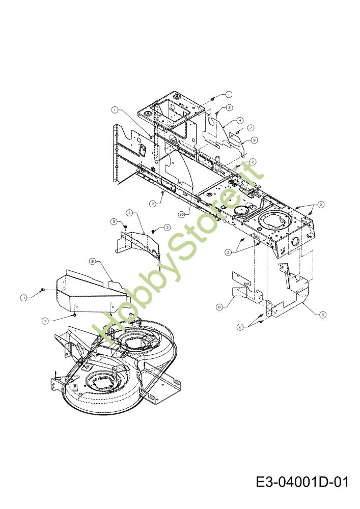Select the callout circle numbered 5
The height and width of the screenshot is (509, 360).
(323, 315)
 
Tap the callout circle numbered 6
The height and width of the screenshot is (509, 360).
(219, 307)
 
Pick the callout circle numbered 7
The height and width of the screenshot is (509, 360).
(129, 212)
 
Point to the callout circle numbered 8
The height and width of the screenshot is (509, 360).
(92, 261)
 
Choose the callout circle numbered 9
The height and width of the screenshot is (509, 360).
(254, 139)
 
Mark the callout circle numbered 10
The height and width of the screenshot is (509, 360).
(182, 215)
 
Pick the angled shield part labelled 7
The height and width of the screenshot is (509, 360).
(137, 242)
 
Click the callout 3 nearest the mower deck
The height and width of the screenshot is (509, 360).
(45, 321)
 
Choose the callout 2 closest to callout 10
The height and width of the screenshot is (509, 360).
(153, 203)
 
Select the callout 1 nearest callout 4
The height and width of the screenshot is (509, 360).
(229, 94)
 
